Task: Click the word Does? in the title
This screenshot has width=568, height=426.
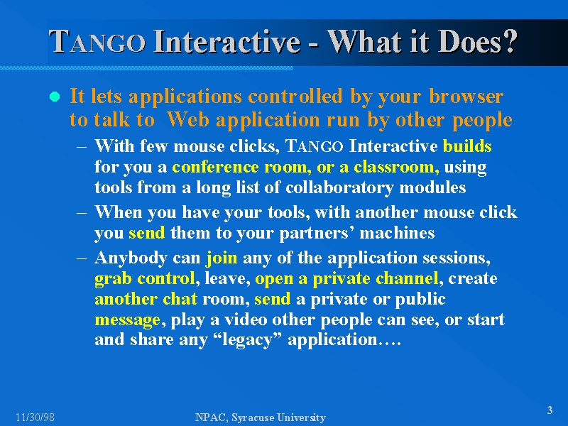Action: (x=479, y=41)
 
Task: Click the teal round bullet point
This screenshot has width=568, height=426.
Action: (x=55, y=97)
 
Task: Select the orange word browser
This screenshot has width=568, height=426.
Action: (x=466, y=97)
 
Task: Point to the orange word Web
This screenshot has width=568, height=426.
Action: (x=188, y=119)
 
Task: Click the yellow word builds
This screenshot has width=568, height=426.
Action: (x=467, y=146)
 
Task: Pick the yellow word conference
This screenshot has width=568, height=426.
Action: (x=216, y=167)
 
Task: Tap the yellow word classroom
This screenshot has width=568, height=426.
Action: (x=393, y=167)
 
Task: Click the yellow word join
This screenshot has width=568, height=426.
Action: (x=222, y=258)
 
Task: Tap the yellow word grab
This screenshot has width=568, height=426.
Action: (x=114, y=279)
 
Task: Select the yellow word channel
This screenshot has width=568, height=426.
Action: (x=407, y=278)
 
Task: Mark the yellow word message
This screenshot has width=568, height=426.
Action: (x=127, y=320)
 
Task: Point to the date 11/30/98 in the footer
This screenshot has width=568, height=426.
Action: (x=35, y=417)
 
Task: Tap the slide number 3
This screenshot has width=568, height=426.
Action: (x=550, y=410)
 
